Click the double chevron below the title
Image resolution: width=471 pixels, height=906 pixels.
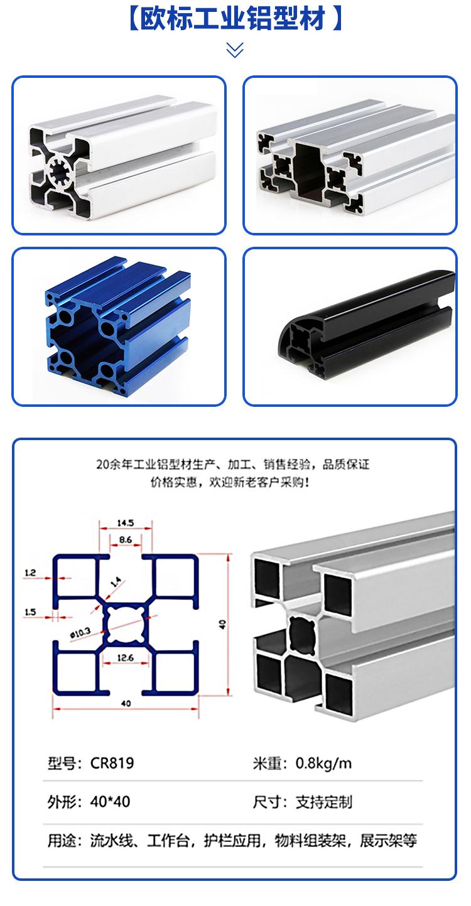click(235, 50)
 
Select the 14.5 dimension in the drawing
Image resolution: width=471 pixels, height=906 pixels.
click(126, 522)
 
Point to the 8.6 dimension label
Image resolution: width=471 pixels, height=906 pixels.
click(126, 539)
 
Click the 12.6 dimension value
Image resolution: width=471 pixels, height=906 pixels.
click(125, 657)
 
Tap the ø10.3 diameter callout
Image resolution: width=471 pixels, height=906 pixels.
click(80, 634)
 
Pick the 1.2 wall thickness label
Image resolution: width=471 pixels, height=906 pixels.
click(30, 573)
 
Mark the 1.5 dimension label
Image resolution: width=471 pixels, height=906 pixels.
click(30, 612)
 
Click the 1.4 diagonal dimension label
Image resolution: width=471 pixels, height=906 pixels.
click(116, 581)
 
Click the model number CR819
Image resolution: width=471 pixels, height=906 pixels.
click(112, 763)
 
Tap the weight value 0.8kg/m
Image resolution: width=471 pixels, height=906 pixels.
click(323, 763)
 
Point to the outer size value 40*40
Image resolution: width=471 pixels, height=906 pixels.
click(110, 802)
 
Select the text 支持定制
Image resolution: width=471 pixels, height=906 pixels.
click(323, 802)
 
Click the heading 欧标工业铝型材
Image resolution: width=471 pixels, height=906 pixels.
click(232, 19)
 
